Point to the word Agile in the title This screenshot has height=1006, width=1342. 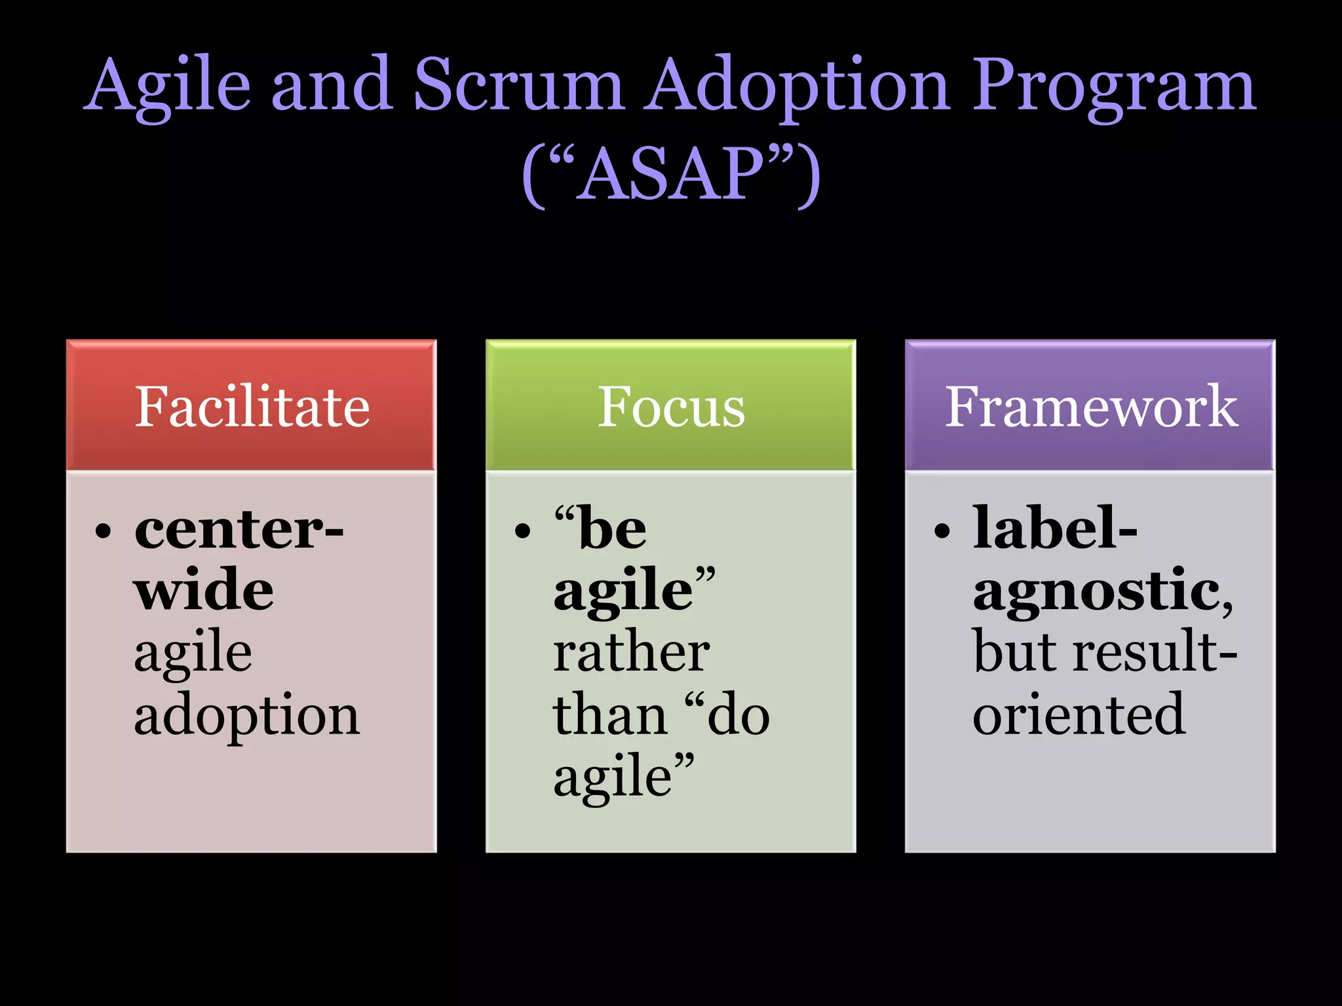[x=168, y=85]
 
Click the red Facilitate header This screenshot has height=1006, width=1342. [x=252, y=406]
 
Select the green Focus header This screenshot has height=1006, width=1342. [x=671, y=406]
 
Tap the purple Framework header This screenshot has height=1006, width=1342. [x=1090, y=406]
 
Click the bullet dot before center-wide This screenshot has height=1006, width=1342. [x=104, y=531]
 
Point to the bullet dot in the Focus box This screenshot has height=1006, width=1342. [x=522, y=531]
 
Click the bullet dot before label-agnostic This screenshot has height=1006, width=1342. [x=942, y=531]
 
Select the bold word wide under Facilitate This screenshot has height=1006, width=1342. [x=204, y=589]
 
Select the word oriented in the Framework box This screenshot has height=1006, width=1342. [x=1079, y=714]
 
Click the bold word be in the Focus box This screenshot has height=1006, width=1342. [x=613, y=529]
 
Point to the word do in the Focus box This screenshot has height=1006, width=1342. [x=738, y=715]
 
